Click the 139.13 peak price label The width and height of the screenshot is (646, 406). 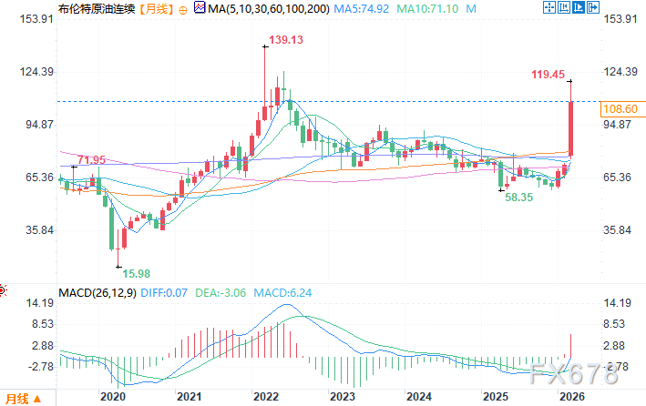(284, 41)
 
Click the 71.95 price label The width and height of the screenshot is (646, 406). (91, 160)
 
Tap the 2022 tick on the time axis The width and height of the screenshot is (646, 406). (265, 397)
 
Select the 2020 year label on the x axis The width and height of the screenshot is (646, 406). (112, 397)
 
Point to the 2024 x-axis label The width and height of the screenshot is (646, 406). (418, 397)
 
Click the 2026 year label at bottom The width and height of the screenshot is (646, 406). (571, 397)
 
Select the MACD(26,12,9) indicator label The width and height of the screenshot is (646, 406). (96, 292)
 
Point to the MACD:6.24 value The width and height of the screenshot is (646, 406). (282, 292)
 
